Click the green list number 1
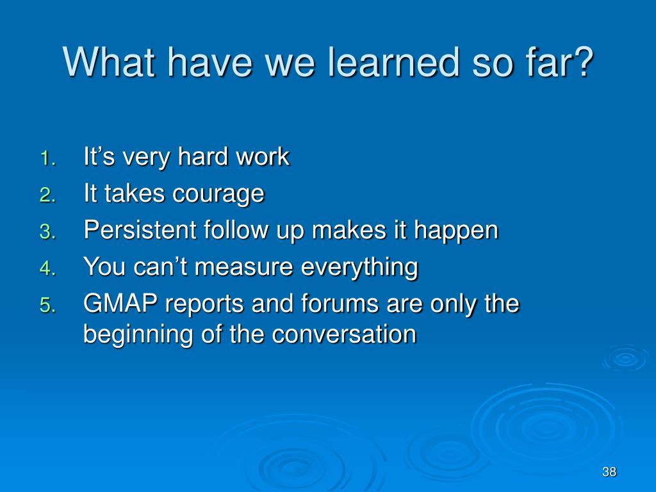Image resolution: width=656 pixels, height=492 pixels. pyautogui.click(x=47, y=158)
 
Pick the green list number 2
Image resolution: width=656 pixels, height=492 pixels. pyautogui.click(x=47, y=195)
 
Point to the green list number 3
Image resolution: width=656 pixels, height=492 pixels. pyautogui.click(x=47, y=232)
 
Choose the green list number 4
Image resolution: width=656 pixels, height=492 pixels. pyautogui.click(x=47, y=268)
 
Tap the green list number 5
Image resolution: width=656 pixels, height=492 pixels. pyautogui.click(x=47, y=305)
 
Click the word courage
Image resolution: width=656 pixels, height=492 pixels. pyautogui.click(x=218, y=195)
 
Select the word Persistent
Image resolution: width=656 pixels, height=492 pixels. pyautogui.click(x=140, y=230)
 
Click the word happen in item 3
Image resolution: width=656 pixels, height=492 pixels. pyautogui.click(x=456, y=231)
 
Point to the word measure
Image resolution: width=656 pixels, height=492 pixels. pyautogui.click(x=244, y=268)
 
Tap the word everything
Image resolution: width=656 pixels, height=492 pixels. pyautogui.click(x=359, y=268)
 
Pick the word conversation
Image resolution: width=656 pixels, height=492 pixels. pyautogui.click(x=343, y=334)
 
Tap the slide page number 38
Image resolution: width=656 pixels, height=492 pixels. pyautogui.click(x=609, y=472)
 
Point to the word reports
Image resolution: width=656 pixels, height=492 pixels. pyautogui.click(x=204, y=305)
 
